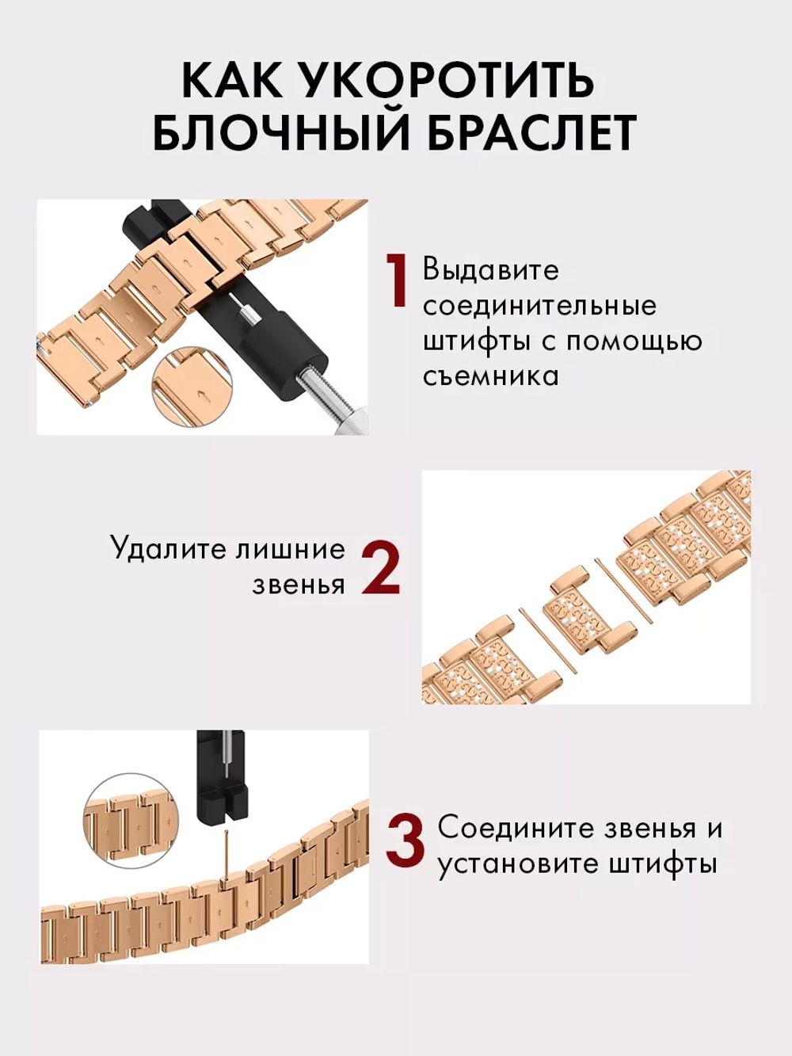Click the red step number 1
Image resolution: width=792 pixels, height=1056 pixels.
click(x=396, y=281)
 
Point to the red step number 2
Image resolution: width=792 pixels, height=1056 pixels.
click(x=381, y=568)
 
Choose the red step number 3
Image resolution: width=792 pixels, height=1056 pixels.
click(x=406, y=844)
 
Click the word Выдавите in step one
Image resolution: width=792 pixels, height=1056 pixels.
click(x=490, y=269)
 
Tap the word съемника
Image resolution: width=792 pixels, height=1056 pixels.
click(x=490, y=376)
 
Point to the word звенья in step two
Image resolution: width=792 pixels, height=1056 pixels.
click(x=299, y=585)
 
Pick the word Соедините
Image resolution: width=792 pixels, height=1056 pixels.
click(x=515, y=828)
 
